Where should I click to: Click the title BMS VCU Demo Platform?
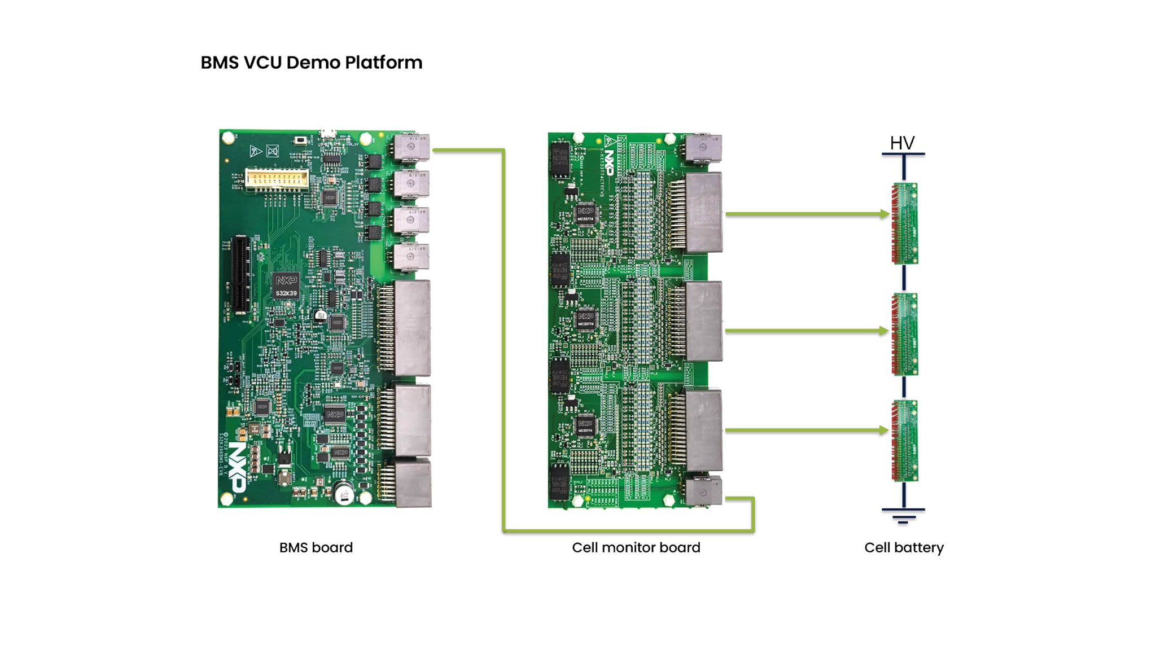[x=311, y=63]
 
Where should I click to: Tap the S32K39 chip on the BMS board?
[x=286, y=286]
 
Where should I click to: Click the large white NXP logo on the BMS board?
[x=237, y=468]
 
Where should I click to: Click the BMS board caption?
[x=316, y=547]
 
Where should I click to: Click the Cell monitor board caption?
[x=636, y=547]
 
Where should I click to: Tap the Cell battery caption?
[x=903, y=547]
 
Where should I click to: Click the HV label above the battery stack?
[x=902, y=143]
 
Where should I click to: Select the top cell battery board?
[x=904, y=223]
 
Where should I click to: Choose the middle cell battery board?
[x=904, y=334]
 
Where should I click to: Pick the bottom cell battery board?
[x=904, y=441]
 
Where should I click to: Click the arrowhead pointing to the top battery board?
[x=884, y=214]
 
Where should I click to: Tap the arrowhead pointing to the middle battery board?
[x=884, y=331]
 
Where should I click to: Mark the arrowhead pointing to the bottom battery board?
[x=884, y=430]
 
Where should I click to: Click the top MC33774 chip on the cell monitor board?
[x=585, y=215]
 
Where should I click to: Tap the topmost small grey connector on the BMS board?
[x=411, y=147]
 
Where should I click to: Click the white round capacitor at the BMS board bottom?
[x=344, y=495]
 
